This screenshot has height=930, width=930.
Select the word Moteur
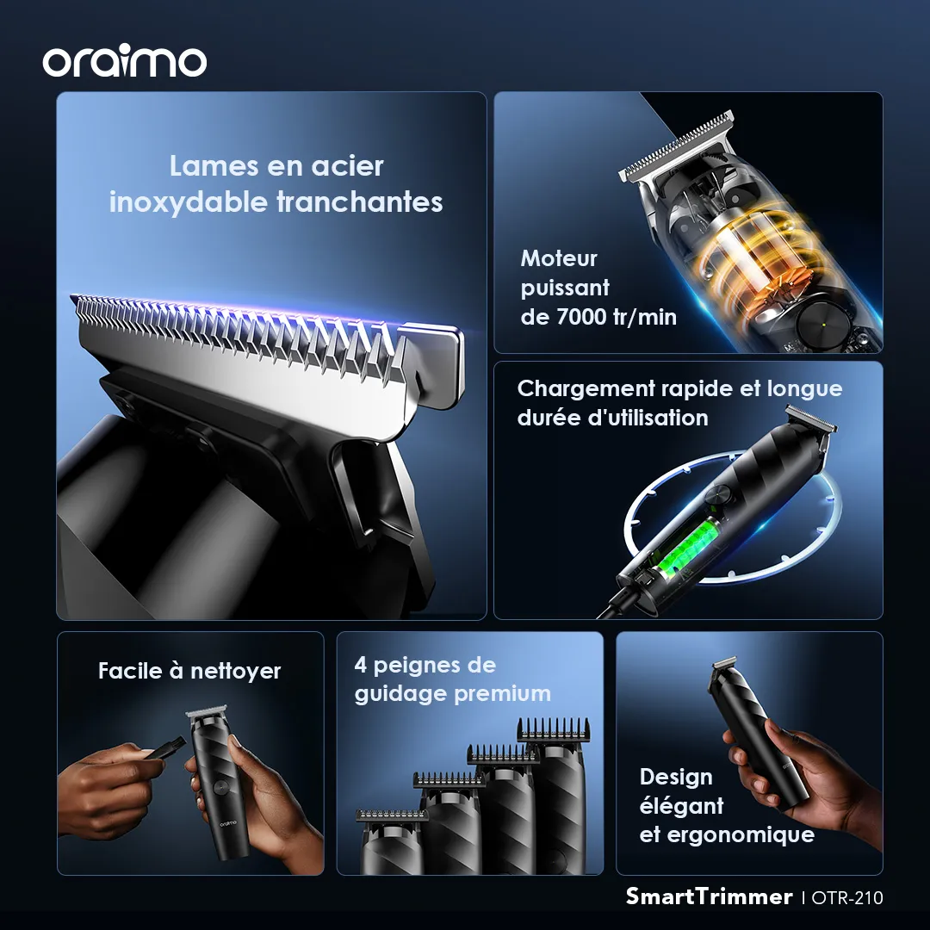click(x=559, y=258)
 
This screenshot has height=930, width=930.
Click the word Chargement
click(x=586, y=390)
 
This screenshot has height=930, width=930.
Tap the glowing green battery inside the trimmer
click(x=688, y=548)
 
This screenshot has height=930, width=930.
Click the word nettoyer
click(x=235, y=672)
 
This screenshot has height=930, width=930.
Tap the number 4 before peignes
click(x=360, y=664)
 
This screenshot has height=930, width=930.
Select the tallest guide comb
click(x=554, y=730)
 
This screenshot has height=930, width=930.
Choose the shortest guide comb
click(x=392, y=815)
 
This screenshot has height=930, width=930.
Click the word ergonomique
click(x=741, y=835)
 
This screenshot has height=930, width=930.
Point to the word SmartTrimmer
click(x=709, y=896)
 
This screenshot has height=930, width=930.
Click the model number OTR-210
click(x=847, y=897)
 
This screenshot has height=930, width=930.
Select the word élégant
click(x=681, y=806)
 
